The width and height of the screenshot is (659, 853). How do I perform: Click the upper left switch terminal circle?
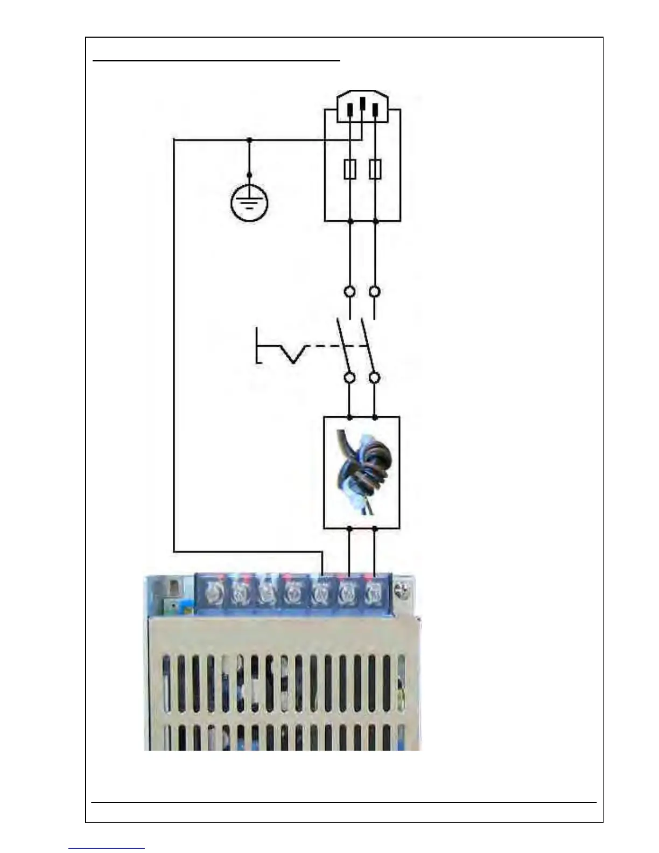[349, 292]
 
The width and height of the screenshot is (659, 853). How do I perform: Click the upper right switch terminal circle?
[375, 292]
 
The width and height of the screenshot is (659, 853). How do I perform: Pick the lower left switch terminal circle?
[349, 377]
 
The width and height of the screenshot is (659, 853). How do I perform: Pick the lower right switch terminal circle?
[375, 377]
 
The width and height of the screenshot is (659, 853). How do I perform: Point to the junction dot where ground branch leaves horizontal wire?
[249, 139]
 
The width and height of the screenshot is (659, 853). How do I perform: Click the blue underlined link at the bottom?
[107, 848]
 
